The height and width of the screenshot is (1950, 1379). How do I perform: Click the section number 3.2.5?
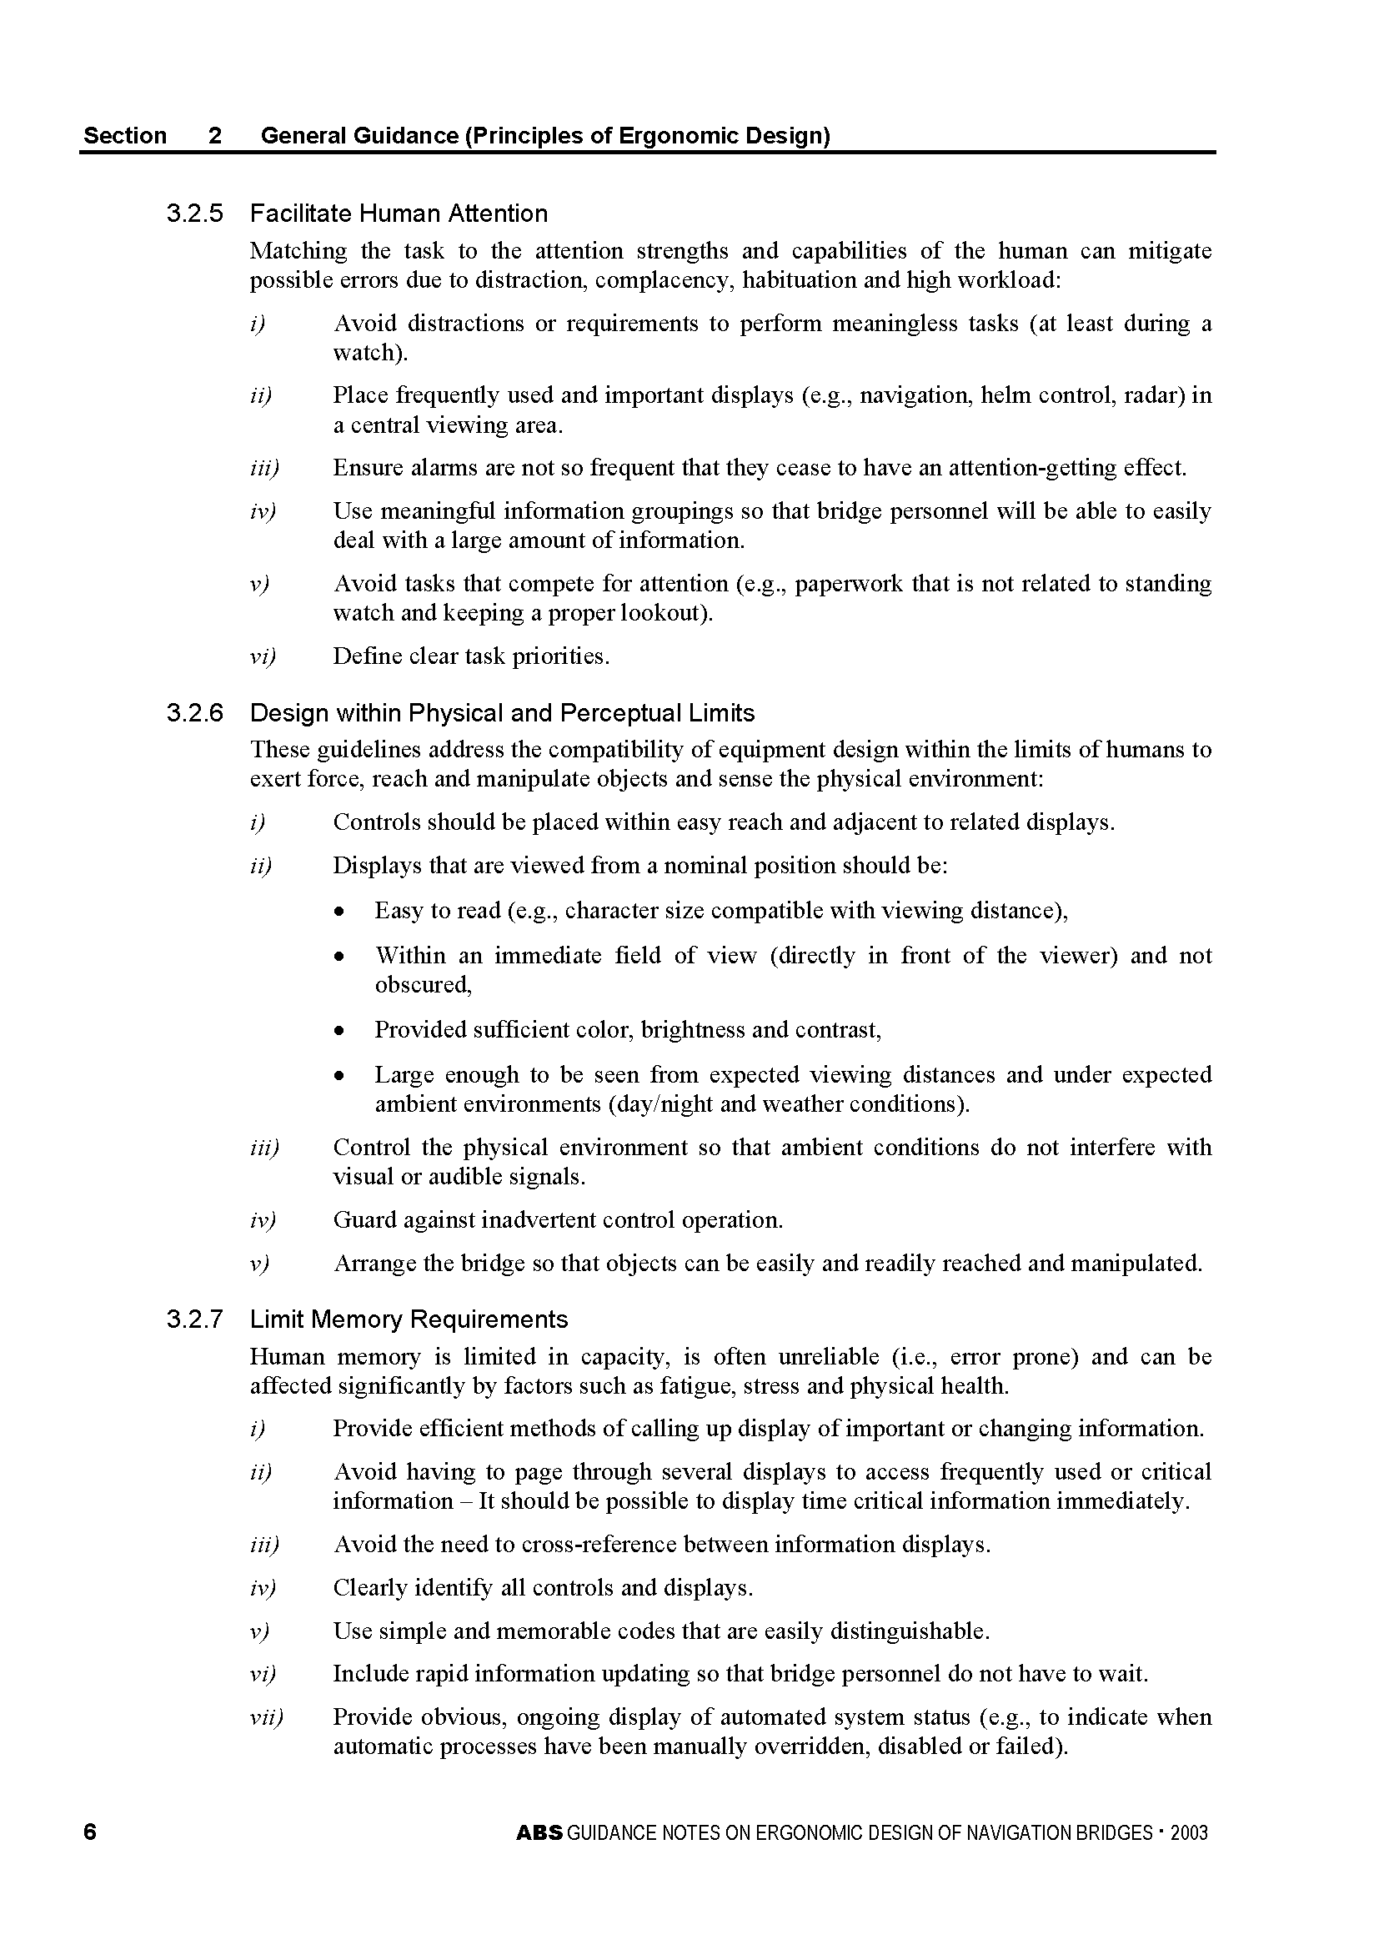194,214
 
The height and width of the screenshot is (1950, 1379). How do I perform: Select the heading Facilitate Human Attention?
399,214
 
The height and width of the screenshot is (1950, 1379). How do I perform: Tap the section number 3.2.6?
194,712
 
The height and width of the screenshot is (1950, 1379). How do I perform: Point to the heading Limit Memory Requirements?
409,1319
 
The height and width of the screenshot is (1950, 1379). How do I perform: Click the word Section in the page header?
125,136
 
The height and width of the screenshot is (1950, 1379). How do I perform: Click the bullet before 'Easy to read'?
339,912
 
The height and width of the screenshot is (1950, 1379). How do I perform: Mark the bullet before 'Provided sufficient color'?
339,1031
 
